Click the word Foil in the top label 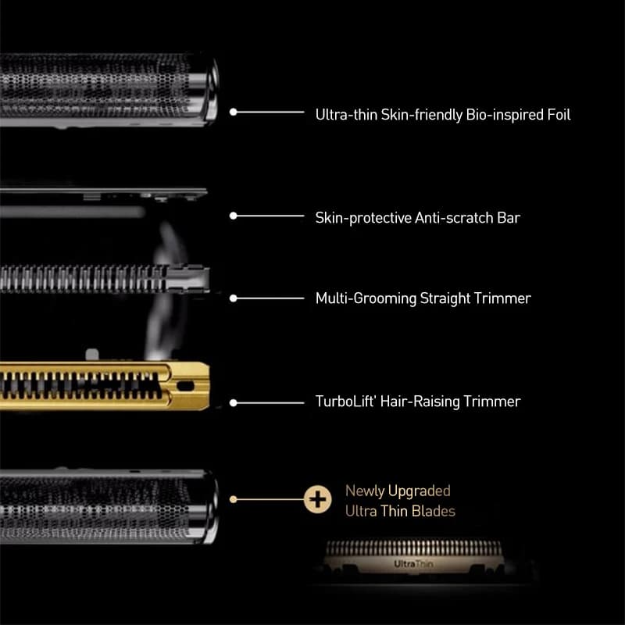click(559, 115)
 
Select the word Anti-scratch click(454, 218)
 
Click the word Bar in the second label click(509, 218)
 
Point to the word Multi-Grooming click(366, 298)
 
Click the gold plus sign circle click(317, 499)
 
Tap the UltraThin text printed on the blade click(413, 564)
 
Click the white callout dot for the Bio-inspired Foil click(233, 112)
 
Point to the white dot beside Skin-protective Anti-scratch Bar click(233, 216)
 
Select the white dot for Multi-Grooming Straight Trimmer click(233, 298)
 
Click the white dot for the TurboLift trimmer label click(233, 403)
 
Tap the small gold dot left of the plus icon click(233, 499)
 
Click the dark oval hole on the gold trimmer click(185, 386)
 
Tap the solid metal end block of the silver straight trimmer click(187, 277)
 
